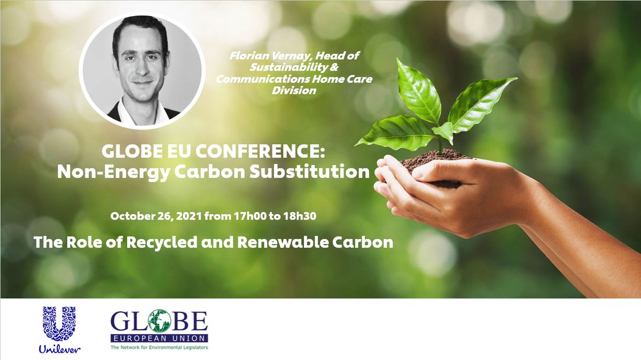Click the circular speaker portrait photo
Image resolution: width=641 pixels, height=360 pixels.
(142, 69)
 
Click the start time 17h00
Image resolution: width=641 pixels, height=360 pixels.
(250, 217)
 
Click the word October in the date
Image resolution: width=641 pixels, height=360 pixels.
(131, 217)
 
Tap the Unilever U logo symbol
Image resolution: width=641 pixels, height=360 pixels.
(59, 323)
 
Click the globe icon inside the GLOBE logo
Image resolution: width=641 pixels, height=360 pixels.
(160, 322)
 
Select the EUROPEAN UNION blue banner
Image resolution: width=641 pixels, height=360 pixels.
(159, 339)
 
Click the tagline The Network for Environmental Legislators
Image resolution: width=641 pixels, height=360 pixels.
(159, 348)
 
